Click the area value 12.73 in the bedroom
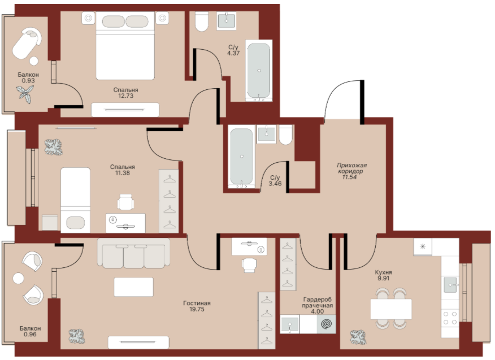tap(125, 96)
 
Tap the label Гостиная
tap(197, 303)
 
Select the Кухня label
tap(384, 272)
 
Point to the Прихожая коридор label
tap(351, 168)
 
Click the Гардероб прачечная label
tap(317, 302)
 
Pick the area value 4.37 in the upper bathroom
tap(233, 53)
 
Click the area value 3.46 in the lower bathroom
tap(275, 184)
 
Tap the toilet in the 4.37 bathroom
tap(202, 21)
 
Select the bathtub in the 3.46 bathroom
tap(242, 157)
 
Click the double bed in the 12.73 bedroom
tap(125, 46)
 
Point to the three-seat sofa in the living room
tap(133, 253)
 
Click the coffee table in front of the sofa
tap(133, 287)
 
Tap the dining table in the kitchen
tap(391, 309)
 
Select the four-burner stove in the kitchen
tap(450, 318)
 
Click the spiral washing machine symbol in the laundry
tap(327, 324)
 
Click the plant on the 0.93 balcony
tap(25, 94)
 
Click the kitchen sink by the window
tap(450, 285)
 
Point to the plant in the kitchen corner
tap(358, 337)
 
